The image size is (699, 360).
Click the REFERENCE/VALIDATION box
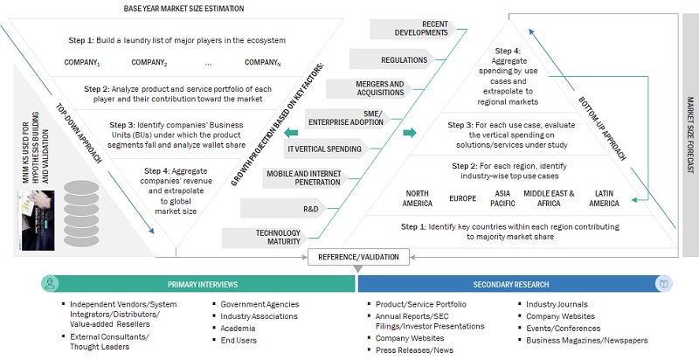pyautogui.click(x=357, y=256)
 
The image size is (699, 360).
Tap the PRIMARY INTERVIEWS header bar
pyautogui.click(x=198, y=284)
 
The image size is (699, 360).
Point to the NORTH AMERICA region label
pyautogui.click(x=417, y=197)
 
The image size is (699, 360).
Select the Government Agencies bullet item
pyautogui.click(x=260, y=304)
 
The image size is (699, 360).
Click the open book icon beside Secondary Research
pyautogui.click(x=666, y=284)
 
